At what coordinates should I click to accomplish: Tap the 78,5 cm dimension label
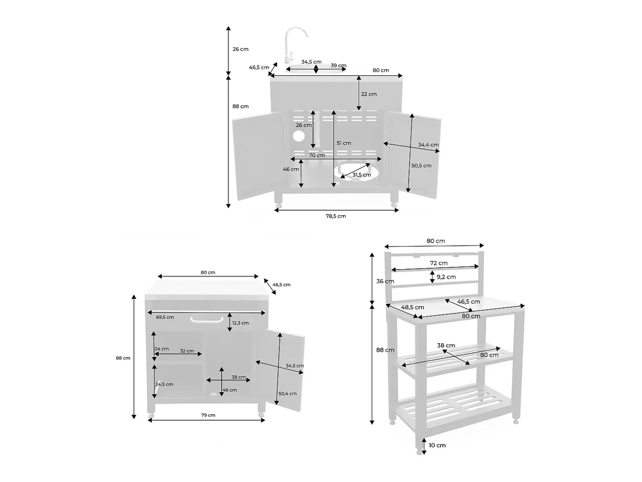(x=336, y=216)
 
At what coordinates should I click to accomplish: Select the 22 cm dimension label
(x=369, y=94)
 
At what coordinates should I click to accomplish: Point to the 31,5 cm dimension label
(x=361, y=175)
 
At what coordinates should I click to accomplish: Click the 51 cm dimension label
(x=344, y=143)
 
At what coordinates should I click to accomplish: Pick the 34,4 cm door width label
(x=428, y=145)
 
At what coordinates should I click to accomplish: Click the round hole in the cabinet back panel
(x=299, y=136)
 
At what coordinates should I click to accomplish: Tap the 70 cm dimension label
(x=317, y=155)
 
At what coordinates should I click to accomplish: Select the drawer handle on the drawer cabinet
(x=207, y=320)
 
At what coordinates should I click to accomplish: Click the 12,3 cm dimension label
(x=241, y=323)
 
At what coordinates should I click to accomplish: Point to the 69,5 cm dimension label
(x=164, y=317)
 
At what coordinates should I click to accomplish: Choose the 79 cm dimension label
(x=208, y=415)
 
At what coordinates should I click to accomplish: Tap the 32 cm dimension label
(x=187, y=351)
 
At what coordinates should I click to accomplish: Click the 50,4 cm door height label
(x=288, y=393)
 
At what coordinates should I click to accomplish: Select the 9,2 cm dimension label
(x=446, y=277)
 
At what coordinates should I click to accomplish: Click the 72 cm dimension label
(x=439, y=263)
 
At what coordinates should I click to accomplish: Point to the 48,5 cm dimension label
(x=412, y=307)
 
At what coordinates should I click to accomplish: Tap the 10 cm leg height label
(x=437, y=445)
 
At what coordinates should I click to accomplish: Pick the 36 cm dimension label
(x=385, y=281)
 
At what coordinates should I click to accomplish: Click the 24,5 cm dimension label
(x=164, y=384)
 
